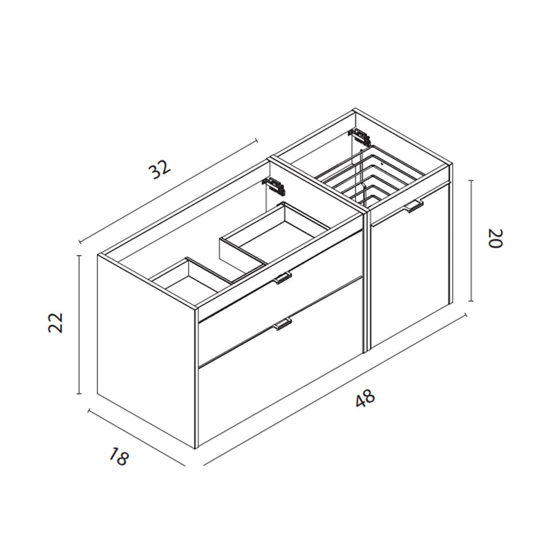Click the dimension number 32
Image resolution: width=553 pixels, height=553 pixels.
click(160, 170)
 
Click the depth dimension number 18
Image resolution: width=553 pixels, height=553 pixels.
click(119, 457)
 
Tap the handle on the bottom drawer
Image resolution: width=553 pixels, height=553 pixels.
click(283, 323)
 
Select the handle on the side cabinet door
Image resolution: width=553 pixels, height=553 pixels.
click(414, 205)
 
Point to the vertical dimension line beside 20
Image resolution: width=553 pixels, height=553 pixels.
click(472, 241)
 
